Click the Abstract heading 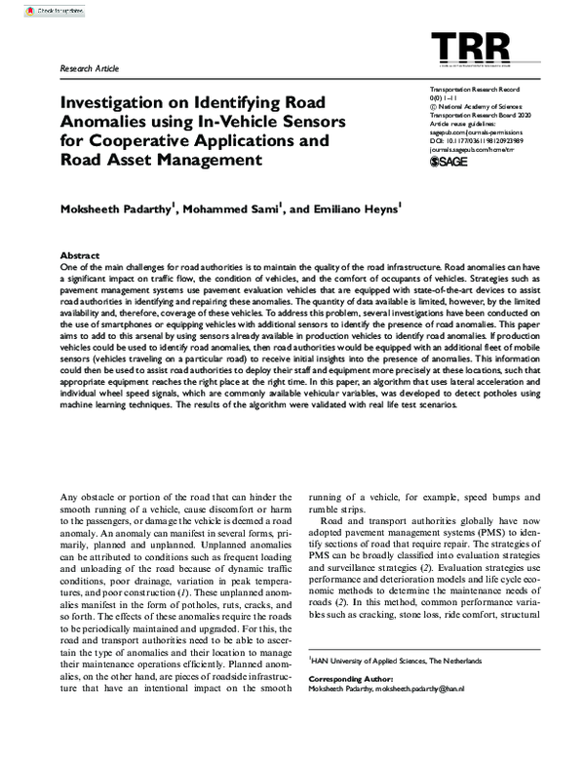pyautogui.click(x=80, y=251)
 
